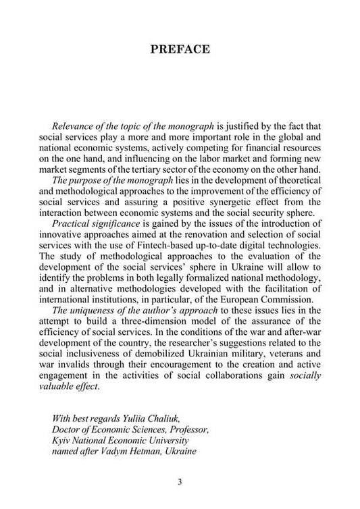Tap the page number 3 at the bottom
(180, 481)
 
